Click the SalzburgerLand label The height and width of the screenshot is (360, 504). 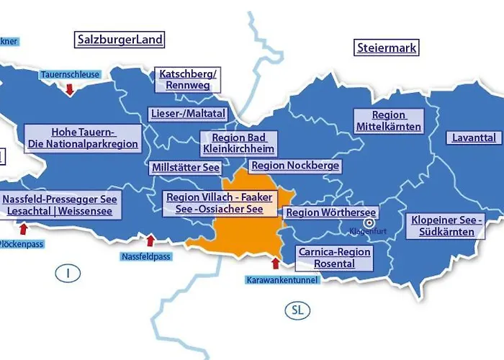click(120, 39)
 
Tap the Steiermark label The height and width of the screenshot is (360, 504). click(387, 48)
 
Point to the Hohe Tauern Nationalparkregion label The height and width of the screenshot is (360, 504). click(83, 138)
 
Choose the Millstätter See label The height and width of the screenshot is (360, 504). click(186, 167)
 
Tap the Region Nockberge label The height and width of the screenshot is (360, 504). click(294, 166)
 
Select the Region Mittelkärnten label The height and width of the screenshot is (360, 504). click(389, 121)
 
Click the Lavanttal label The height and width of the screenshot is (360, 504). click(474, 138)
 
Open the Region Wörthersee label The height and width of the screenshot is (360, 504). click(330, 212)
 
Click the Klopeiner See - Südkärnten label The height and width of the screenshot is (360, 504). click(447, 225)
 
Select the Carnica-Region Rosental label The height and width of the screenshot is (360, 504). click(334, 258)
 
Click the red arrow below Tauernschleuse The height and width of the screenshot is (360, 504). click(69, 89)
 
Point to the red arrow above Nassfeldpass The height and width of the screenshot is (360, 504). click(150, 240)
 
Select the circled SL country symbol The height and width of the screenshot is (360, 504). click(297, 310)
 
